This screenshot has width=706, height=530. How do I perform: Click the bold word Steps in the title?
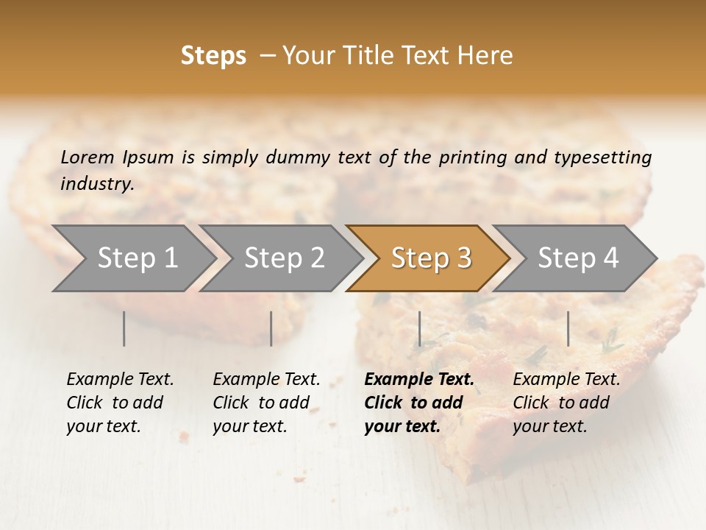click(x=213, y=56)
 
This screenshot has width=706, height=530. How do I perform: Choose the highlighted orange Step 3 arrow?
click(x=431, y=258)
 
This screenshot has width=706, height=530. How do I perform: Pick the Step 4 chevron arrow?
click(x=578, y=258)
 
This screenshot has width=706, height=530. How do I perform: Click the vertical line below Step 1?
click(x=124, y=328)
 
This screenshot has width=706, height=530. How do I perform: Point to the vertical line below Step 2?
click(x=271, y=328)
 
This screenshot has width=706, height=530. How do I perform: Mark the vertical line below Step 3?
click(x=419, y=328)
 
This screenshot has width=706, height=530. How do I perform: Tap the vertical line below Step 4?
click(x=568, y=328)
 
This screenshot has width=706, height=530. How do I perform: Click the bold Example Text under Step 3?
click(x=418, y=403)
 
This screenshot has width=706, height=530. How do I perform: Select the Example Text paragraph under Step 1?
click(x=120, y=403)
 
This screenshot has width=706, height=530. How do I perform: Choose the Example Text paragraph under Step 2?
click(x=266, y=403)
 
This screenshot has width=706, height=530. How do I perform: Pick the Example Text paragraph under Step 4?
click(x=566, y=403)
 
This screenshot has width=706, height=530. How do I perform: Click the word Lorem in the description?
click(x=88, y=158)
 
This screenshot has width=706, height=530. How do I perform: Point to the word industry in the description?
click(x=96, y=184)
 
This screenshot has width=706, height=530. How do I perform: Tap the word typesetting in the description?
click(x=604, y=158)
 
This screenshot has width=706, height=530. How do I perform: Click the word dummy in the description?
click(x=300, y=158)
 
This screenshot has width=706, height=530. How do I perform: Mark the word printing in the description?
click(x=473, y=158)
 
